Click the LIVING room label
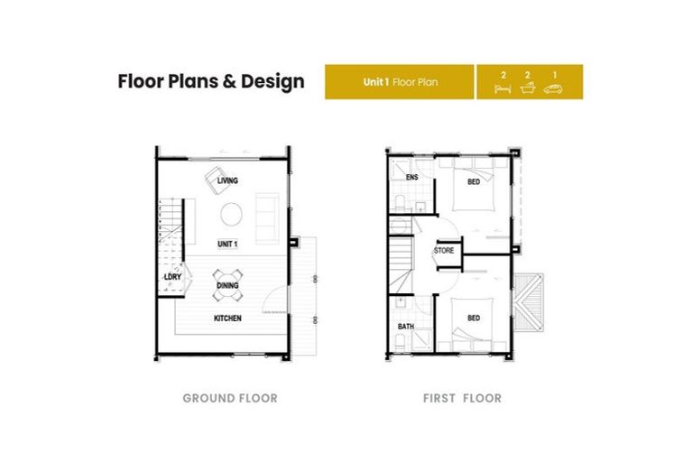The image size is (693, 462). tap(227, 180)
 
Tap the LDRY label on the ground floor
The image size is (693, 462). tap(173, 277)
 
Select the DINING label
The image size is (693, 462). tap(227, 286)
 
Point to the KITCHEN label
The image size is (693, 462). tap(227, 319)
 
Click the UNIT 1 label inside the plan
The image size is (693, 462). tap(227, 244)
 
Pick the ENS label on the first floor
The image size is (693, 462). tap(411, 177)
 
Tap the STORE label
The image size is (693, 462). tap(444, 251)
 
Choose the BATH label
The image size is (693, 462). tap(406, 327)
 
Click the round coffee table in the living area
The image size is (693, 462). tap(231, 214)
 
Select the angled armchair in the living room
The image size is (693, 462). tap(217, 179)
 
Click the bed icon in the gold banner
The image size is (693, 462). tap(503, 88)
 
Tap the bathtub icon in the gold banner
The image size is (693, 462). tap(528, 88)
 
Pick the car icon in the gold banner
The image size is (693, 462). tap(553, 88)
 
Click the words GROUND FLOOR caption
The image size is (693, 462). tap(230, 398)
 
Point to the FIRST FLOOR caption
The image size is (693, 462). tap(462, 398)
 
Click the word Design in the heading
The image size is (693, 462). tap(273, 82)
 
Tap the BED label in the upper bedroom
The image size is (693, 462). tap(474, 181)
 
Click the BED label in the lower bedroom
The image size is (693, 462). tap(474, 318)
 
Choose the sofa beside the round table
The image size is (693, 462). tap(267, 218)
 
